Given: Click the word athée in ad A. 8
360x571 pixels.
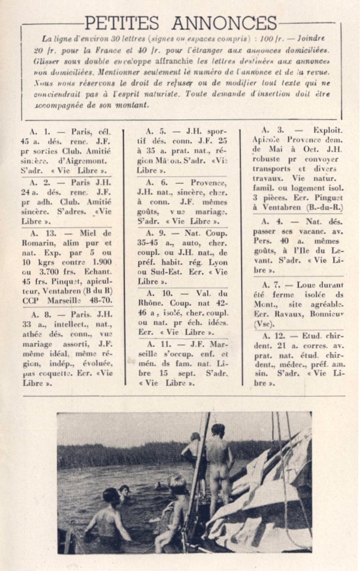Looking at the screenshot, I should pos(35,334).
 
